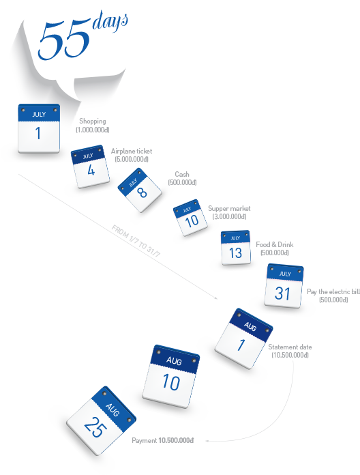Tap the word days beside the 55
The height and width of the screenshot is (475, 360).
coord(110,21)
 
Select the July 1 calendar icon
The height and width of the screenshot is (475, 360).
coord(39,128)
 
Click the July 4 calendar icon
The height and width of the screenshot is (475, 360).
coord(90,167)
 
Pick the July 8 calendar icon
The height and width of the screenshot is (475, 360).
coord(140,190)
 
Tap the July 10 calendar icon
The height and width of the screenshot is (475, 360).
coord(190,217)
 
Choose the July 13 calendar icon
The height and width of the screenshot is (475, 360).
coord(236,248)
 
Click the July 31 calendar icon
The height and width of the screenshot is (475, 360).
coord(284,286)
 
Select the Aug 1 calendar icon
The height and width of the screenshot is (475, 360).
coord(244,339)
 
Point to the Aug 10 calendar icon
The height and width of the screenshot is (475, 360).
coord(171,376)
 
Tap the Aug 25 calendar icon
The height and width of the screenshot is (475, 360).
coord(101,420)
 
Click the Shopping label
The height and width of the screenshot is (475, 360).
coord(93,121)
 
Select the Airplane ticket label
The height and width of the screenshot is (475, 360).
coord(132,151)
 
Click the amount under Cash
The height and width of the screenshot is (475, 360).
coord(183,182)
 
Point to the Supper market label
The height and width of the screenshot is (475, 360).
coord(229,208)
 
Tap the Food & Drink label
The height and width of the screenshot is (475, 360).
coord(275,244)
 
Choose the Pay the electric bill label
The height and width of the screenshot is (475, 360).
coord(333,291)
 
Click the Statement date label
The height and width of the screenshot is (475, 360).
coord(290,347)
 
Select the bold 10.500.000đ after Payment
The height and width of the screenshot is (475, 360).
coord(176,440)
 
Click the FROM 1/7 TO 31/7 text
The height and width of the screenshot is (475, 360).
coord(136,241)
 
